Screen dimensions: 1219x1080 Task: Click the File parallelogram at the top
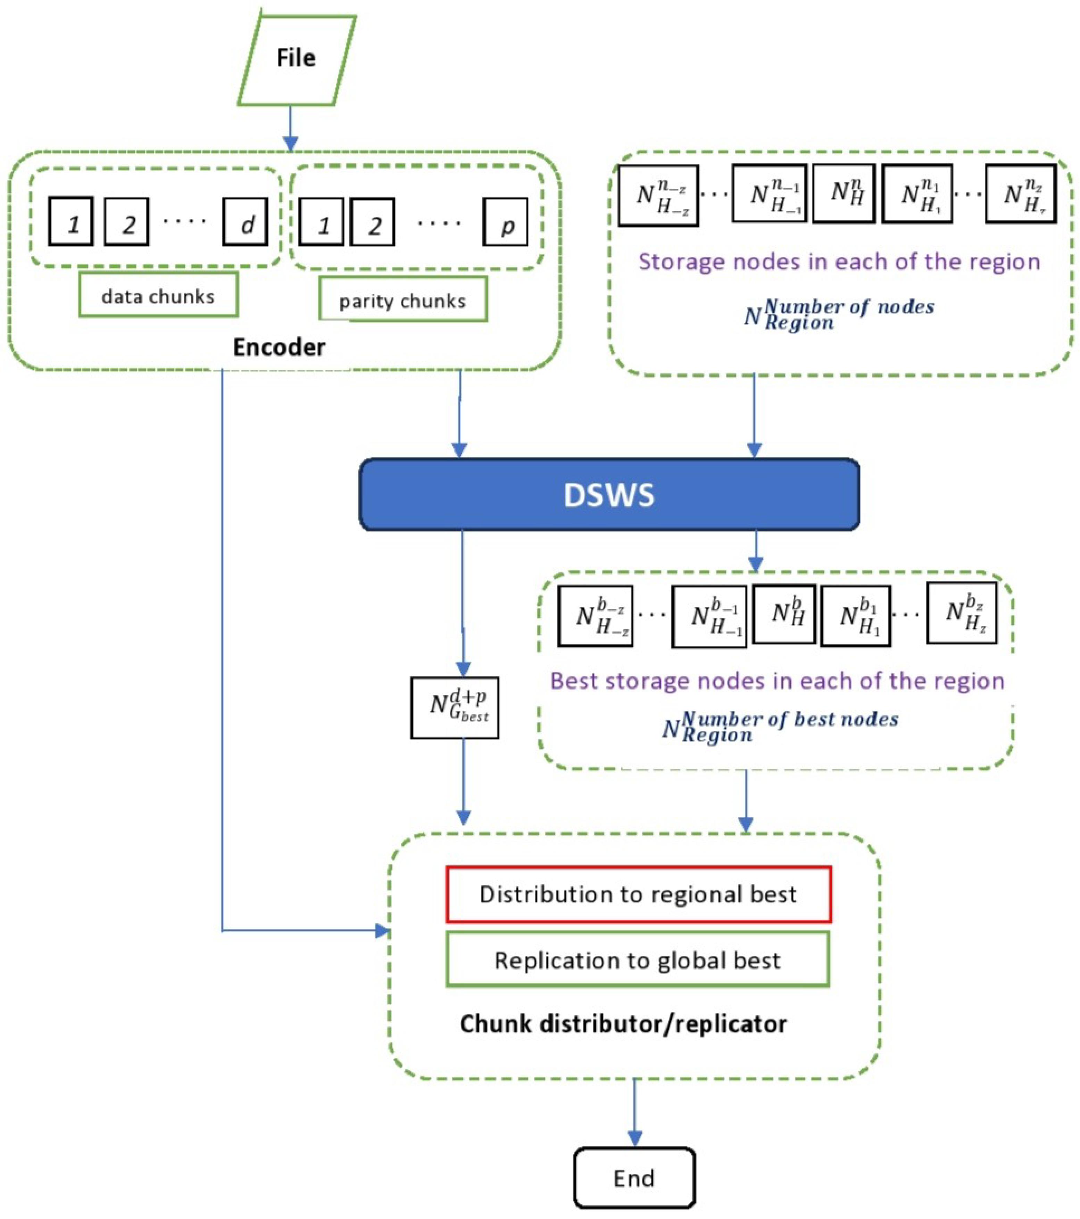(x=296, y=60)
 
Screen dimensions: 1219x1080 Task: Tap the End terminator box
(x=634, y=1178)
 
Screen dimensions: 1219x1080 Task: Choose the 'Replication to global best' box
(x=637, y=960)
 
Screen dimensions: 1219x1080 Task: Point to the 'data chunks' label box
(x=158, y=296)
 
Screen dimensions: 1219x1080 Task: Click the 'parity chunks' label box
(x=402, y=300)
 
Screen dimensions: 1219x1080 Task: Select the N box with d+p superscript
(x=455, y=708)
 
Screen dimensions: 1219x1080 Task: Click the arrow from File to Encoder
(x=290, y=128)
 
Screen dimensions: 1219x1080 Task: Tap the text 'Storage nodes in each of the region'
(x=839, y=262)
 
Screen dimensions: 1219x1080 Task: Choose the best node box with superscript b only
(x=784, y=614)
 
